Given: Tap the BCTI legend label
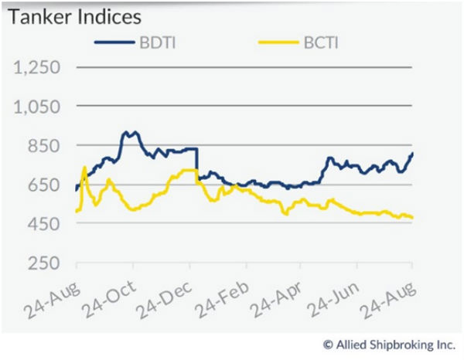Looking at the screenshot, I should click(x=319, y=43).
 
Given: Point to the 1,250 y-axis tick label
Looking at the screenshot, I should click(x=38, y=67).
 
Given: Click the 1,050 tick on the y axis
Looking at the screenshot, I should click(x=38, y=107).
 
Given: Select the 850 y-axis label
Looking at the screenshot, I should click(x=45, y=146).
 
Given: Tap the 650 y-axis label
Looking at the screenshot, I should click(x=45, y=185).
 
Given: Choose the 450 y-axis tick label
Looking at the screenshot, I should click(x=45, y=224).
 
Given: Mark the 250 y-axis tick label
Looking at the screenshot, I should click(x=45, y=263).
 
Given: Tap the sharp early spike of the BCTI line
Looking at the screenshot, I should click(x=84, y=167).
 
